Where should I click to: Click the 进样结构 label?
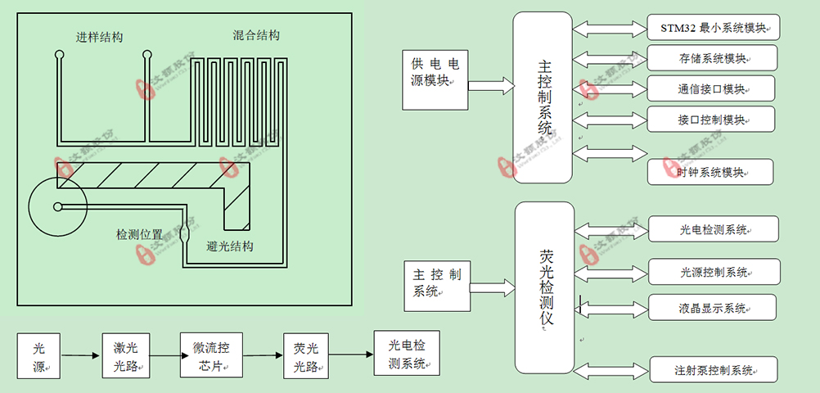point(99,37)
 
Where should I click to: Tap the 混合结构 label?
point(256,35)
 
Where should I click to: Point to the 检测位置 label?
point(139,234)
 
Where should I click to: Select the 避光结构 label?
point(230,246)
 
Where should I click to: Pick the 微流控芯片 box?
point(211,355)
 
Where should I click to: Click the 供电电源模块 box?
point(435,80)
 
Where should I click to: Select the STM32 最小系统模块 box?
point(713,28)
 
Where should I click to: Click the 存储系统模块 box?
point(712,58)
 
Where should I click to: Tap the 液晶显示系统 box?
point(712,308)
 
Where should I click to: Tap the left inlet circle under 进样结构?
point(60,56)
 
